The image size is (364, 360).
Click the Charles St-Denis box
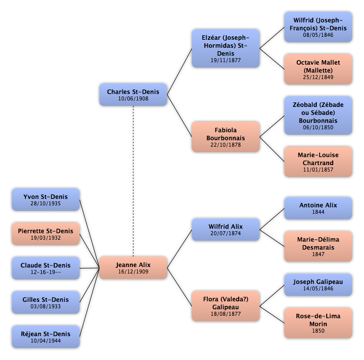[x=133, y=94]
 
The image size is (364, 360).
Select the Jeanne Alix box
[x=133, y=268]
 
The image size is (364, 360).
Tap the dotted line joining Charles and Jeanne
[x=133, y=181]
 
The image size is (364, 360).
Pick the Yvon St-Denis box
[x=46, y=199]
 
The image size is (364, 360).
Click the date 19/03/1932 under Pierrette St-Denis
[x=46, y=238]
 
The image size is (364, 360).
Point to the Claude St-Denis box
[x=46, y=268]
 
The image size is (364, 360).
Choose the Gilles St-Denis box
[x=46, y=302]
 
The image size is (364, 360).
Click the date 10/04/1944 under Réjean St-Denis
[x=46, y=341]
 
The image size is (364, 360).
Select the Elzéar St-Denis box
[x=226, y=49]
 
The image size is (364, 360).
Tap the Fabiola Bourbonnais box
[x=226, y=137]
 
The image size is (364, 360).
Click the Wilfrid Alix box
[x=226, y=230]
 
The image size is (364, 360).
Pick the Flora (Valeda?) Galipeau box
[x=226, y=306]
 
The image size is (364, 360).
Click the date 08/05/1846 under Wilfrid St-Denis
[x=318, y=35]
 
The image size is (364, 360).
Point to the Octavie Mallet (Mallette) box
[x=318, y=69]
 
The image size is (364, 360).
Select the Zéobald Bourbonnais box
[x=318, y=115]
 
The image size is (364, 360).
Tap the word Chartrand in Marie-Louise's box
[x=318, y=163]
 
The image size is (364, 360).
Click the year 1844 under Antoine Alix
[x=318, y=212]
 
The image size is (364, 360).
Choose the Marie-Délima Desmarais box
[x=318, y=246]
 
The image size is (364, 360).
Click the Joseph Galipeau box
[x=318, y=285]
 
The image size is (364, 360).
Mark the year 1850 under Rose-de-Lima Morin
[x=318, y=331]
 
